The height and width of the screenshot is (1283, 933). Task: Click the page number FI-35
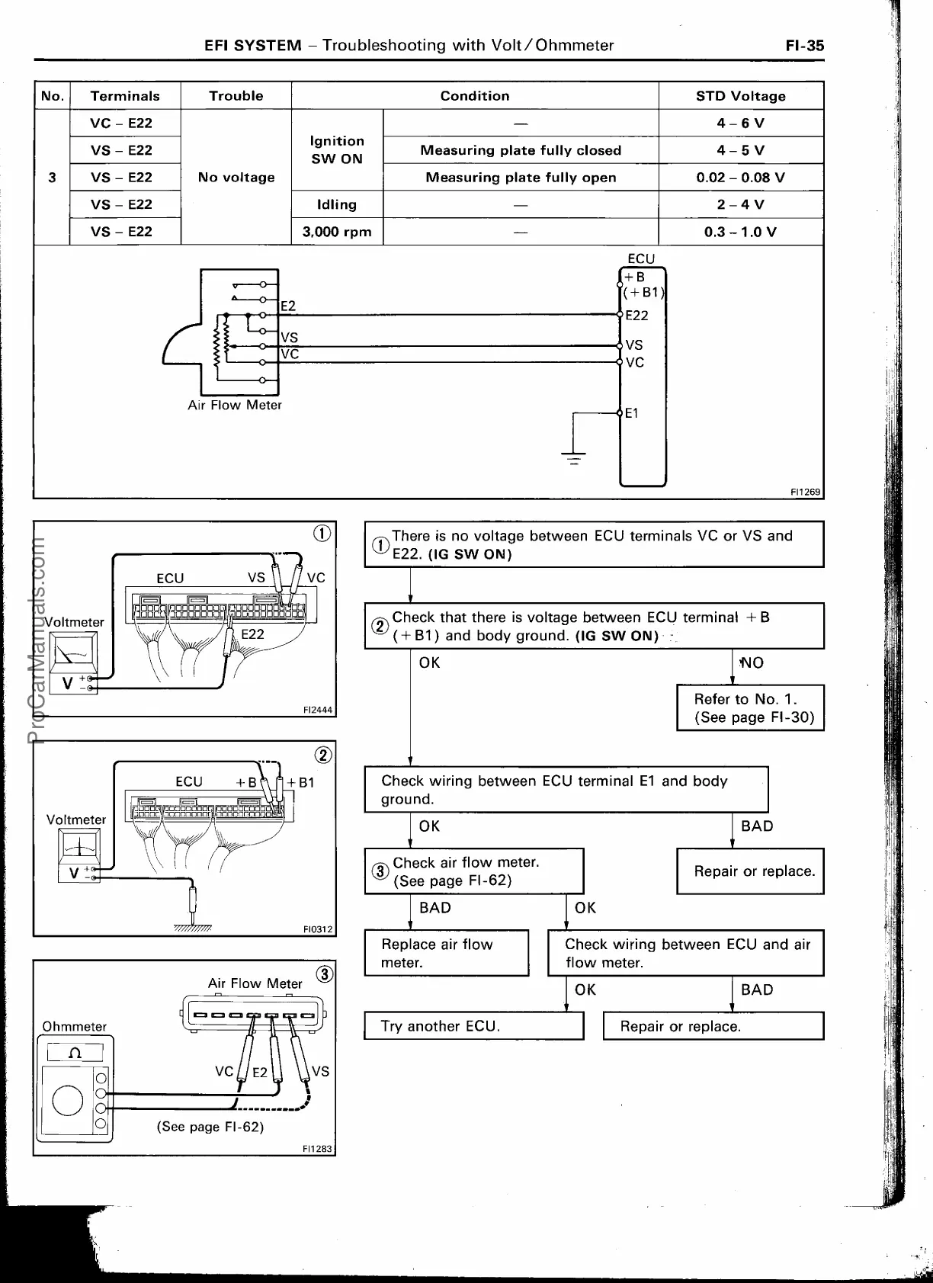click(805, 45)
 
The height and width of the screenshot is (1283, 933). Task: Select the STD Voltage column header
click(740, 96)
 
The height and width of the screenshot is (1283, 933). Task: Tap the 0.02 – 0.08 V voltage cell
click(740, 178)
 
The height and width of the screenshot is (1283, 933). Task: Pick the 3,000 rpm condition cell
click(337, 232)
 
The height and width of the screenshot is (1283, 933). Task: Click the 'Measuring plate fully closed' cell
click(521, 150)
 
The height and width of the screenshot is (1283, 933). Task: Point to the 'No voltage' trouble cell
click(236, 178)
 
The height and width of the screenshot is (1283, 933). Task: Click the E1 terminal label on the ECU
click(632, 413)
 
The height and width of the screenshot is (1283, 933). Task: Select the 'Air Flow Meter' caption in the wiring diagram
click(235, 405)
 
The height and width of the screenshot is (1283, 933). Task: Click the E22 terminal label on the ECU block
click(636, 316)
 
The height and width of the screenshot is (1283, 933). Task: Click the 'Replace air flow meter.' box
click(446, 953)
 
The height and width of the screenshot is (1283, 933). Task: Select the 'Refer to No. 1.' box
click(750, 708)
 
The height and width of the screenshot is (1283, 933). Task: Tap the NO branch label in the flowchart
click(751, 662)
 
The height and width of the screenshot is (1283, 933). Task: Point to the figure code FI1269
click(806, 492)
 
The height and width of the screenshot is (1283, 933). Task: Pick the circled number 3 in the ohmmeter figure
click(325, 974)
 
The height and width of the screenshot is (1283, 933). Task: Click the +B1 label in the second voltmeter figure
click(301, 782)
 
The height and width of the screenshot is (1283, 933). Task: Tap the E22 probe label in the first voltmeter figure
click(252, 633)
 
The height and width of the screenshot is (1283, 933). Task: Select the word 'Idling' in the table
click(337, 204)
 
